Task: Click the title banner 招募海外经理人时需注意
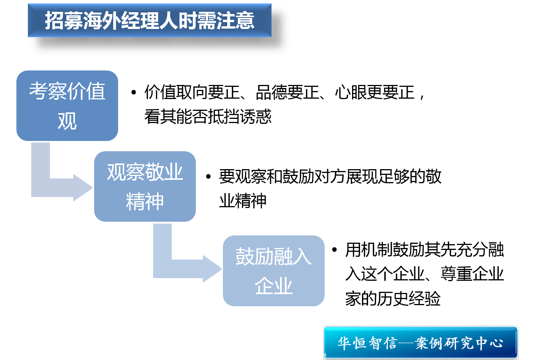click(x=149, y=21)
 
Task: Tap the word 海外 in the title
click(x=102, y=21)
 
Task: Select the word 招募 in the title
click(x=64, y=21)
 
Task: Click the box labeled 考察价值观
click(x=67, y=106)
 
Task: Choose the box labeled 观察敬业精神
click(x=145, y=186)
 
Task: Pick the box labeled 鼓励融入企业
click(x=274, y=271)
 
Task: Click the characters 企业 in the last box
click(x=274, y=286)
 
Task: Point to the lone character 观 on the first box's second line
click(x=67, y=121)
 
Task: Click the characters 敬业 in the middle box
click(x=164, y=172)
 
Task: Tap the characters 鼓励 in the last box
click(x=255, y=256)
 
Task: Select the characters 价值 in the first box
click(x=86, y=91)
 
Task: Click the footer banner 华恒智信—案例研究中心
click(x=421, y=343)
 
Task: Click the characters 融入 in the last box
click(x=293, y=256)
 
